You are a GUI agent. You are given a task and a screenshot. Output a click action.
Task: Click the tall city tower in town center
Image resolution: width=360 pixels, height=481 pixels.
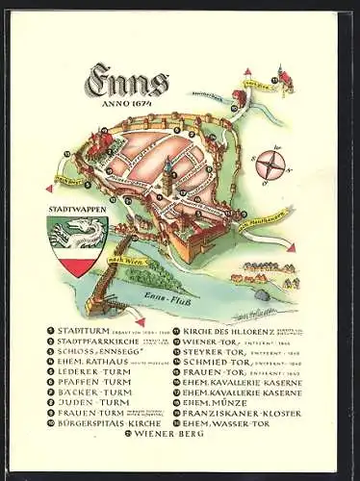pyautogui.click(x=167, y=174)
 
